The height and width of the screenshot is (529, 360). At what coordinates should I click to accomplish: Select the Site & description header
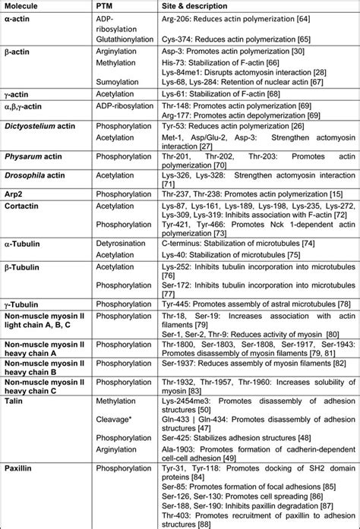point(196,6)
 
